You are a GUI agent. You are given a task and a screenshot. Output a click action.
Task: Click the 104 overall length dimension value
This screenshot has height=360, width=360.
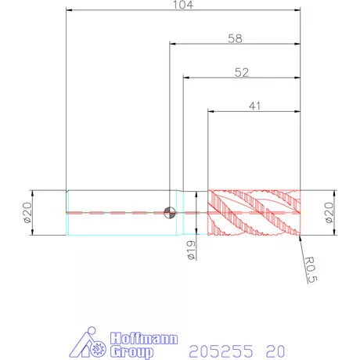[183, 5]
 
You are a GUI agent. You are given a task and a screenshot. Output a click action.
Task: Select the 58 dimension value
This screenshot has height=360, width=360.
[235, 38]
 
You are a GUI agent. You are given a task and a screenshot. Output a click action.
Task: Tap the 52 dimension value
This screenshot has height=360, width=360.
[242, 72]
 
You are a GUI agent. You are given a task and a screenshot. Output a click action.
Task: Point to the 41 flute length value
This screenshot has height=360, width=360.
[255, 106]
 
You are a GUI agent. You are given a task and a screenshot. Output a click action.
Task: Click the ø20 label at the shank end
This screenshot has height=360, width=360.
[27, 212]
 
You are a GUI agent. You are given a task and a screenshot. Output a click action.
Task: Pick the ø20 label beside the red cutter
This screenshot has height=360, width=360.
[329, 213]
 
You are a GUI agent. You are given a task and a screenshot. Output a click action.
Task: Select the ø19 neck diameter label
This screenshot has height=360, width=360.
[191, 250]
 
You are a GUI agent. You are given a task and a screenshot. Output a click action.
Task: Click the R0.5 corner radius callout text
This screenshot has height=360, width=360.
[311, 269]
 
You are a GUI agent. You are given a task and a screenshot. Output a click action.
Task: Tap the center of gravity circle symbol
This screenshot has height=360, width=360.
[170, 212]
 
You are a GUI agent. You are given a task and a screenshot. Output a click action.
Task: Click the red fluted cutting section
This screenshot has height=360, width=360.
[254, 213]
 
